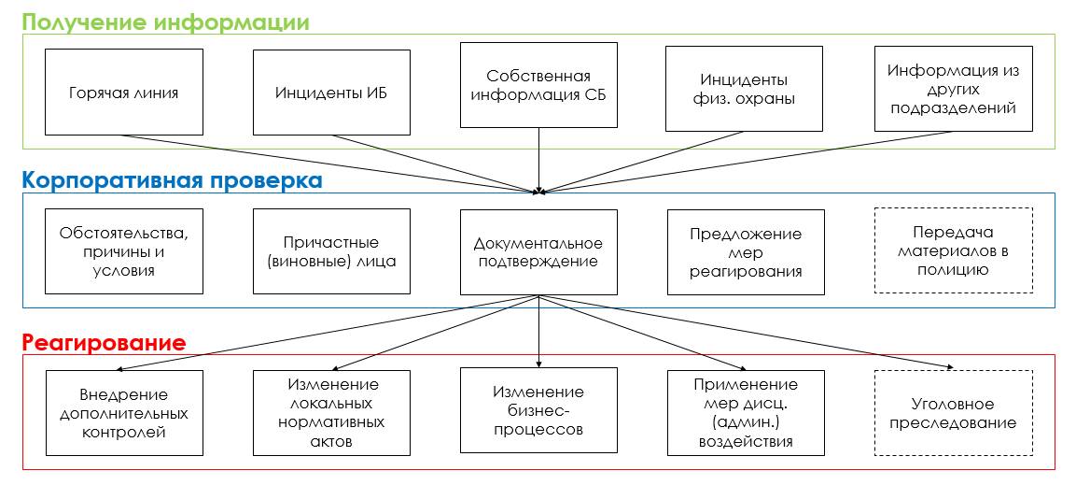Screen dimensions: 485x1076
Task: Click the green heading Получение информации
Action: tap(165, 21)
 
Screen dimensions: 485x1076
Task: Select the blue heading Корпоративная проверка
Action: tap(172, 180)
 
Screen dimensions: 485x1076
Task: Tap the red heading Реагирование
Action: tap(104, 342)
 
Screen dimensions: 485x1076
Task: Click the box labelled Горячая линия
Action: tap(124, 92)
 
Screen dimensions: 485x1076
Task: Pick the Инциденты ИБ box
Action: tap(331, 92)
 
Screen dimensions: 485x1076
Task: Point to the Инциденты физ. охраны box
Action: tap(744, 90)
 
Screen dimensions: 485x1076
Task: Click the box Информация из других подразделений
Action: tap(953, 90)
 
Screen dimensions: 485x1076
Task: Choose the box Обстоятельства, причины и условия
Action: tap(124, 251)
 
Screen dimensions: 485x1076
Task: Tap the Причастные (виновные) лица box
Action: tap(331, 251)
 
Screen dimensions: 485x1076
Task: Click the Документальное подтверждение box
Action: tap(538, 251)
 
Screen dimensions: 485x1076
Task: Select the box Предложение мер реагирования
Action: tap(746, 251)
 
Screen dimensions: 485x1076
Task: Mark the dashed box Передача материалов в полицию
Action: tap(953, 251)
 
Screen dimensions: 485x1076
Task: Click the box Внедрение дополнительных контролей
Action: tap(124, 413)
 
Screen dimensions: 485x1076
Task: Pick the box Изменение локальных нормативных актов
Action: tap(331, 413)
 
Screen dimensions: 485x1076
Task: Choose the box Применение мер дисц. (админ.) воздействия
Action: tap(746, 413)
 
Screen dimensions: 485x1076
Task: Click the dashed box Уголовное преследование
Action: tap(953, 413)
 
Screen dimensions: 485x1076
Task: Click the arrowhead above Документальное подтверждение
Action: tap(538, 193)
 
